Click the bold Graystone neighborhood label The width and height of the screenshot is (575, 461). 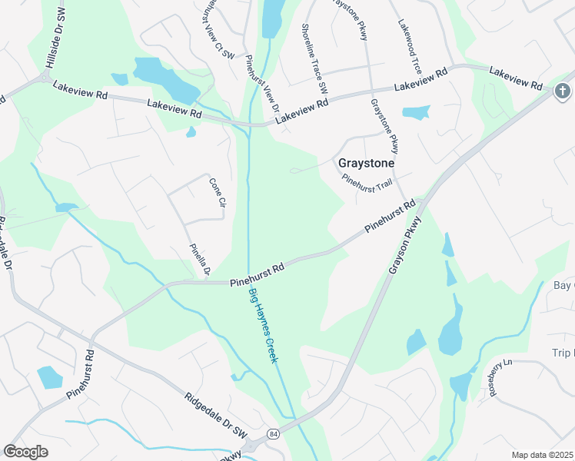click(x=367, y=164)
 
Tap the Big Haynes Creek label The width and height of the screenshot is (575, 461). click(x=261, y=327)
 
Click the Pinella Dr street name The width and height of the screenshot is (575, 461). click(x=200, y=260)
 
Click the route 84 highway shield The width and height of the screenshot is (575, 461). click(x=274, y=434)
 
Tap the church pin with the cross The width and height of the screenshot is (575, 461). click(x=563, y=92)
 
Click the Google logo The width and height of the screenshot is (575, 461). click(x=25, y=452)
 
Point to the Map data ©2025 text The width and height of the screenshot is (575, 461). click(x=543, y=455)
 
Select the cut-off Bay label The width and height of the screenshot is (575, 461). click(x=563, y=286)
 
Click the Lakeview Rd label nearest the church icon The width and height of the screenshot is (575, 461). click(x=516, y=79)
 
